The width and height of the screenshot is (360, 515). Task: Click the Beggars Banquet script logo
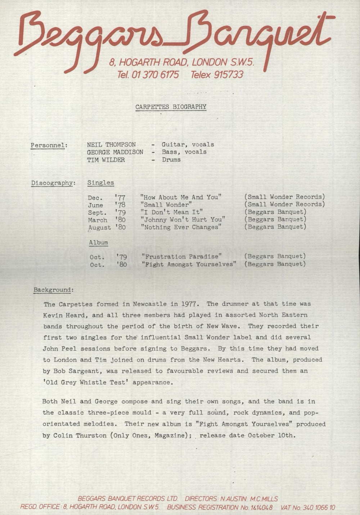pyautogui.click(x=173, y=36)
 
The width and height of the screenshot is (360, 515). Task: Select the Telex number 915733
pyautogui.click(x=228, y=75)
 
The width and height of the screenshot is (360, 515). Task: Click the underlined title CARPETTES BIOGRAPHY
pyautogui.click(x=171, y=107)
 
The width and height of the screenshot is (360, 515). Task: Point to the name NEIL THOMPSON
pyautogui.click(x=111, y=144)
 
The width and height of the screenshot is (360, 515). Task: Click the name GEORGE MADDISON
pyautogui.click(x=115, y=152)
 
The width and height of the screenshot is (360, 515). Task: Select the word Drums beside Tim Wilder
pyautogui.click(x=171, y=160)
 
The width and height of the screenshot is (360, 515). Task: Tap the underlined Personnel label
pyautogui.click(x=49, y=145)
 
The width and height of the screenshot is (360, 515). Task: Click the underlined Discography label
pyautogui.click(x=53, y=183)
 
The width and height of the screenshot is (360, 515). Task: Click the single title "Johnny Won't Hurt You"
pyautogui.click(x=183, y=219)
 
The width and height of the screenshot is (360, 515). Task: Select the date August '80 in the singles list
pyautogui.click(x=107, y=227)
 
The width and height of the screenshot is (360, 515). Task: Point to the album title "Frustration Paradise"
pyautogui.click(x=181, y=256)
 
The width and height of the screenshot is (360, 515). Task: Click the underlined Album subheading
pyautogui.click(x=98, y=242)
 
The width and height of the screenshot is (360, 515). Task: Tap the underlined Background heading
pyautogui.click(x=54, y=290)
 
